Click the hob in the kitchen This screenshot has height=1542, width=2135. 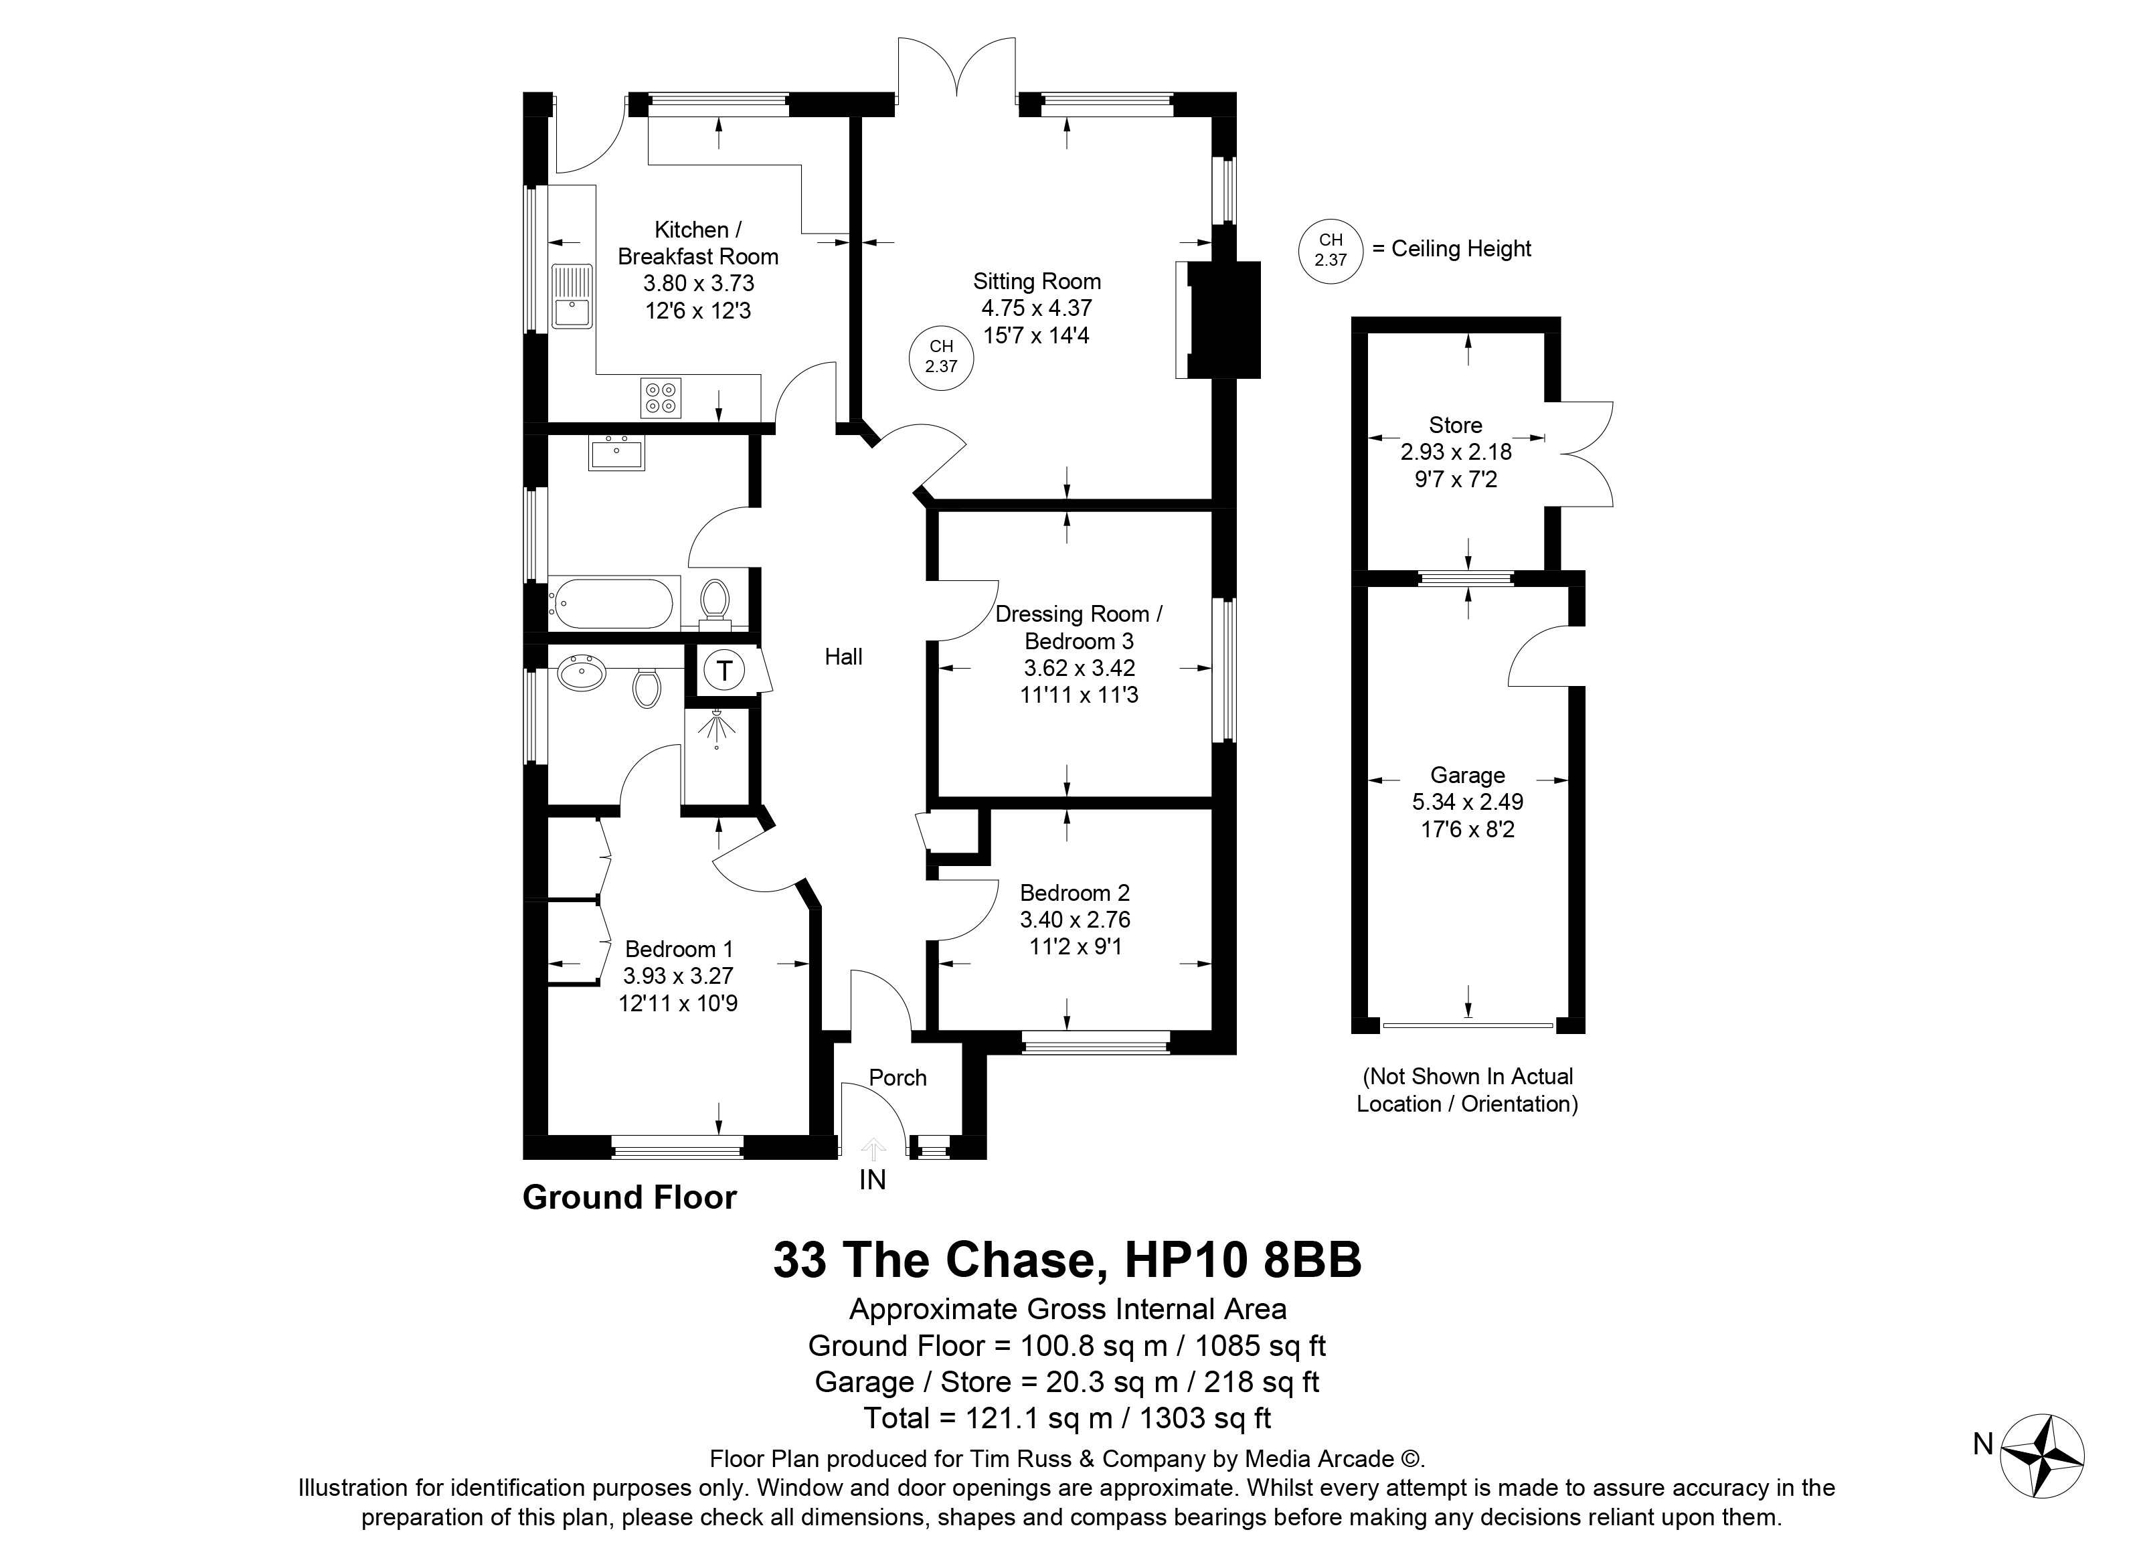tap(661, 398)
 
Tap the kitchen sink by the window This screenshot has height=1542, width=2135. tap(572, 296)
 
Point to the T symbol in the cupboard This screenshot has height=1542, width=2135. tap(724, 671)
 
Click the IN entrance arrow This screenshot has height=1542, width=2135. tap(873, 1149)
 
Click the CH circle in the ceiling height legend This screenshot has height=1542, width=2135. tap(1330, 250)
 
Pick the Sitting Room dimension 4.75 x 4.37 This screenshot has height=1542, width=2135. tap(1037, 308)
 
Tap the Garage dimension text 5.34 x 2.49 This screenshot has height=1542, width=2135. tap(1468, 802)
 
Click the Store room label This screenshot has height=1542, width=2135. tap(1455, 424)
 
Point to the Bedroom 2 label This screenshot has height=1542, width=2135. tap(1075, 892)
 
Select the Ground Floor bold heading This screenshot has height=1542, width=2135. tap(630, 1197)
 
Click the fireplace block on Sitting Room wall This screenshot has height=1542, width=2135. tap(1223, 320)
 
